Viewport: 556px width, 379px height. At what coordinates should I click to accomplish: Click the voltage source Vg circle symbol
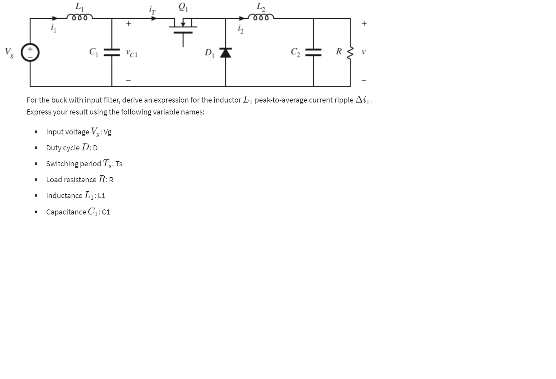pyautogui.click(x=30, y=52)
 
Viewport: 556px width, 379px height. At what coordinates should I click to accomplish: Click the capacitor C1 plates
pyautogui.click(x=112, y=52)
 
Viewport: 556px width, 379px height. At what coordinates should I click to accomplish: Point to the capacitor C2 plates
pyautogui.click(x=313, y=52)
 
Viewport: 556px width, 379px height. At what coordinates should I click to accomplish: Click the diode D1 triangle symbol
pyautogui.click(x=226, y=53)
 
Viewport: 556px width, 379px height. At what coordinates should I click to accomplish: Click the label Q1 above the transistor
pyautogui.click(x=184, y=7)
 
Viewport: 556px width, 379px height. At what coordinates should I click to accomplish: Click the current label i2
pyautogui.click(x=241, y=29)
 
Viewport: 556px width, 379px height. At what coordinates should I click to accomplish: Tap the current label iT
pyautogui.click(x=152, y=10)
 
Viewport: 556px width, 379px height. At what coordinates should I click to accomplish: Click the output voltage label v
pyautogui.click(x=364, y=52)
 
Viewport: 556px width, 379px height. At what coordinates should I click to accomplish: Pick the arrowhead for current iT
pyautogui.click(x=154, y=18)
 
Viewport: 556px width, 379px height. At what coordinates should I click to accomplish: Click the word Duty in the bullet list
pyautogui.click(x=54, y=148)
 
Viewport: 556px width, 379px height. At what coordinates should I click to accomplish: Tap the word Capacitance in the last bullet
pyautogui.click(x=66, y=212)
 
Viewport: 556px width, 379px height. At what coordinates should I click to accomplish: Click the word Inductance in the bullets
pyautogui.click(x=64, y=196)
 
